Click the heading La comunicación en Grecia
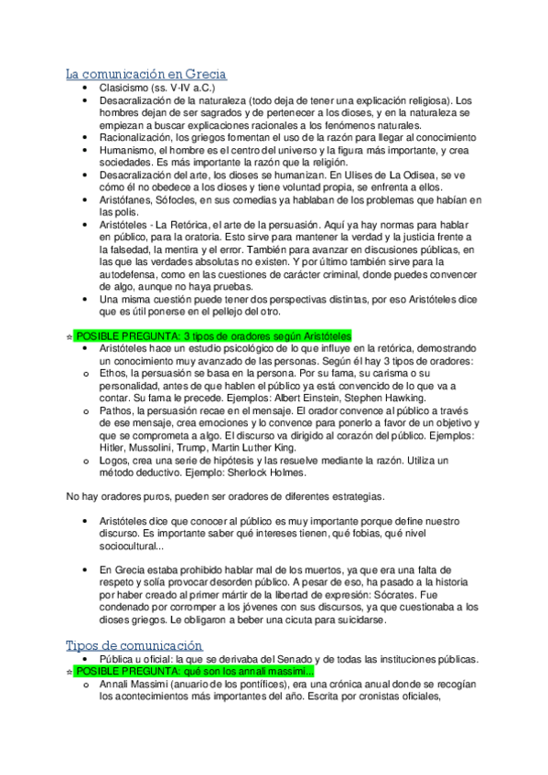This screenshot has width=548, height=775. [145, 73]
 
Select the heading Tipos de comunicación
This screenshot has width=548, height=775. [134, 645]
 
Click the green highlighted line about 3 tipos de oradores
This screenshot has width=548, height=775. [212, 335]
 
